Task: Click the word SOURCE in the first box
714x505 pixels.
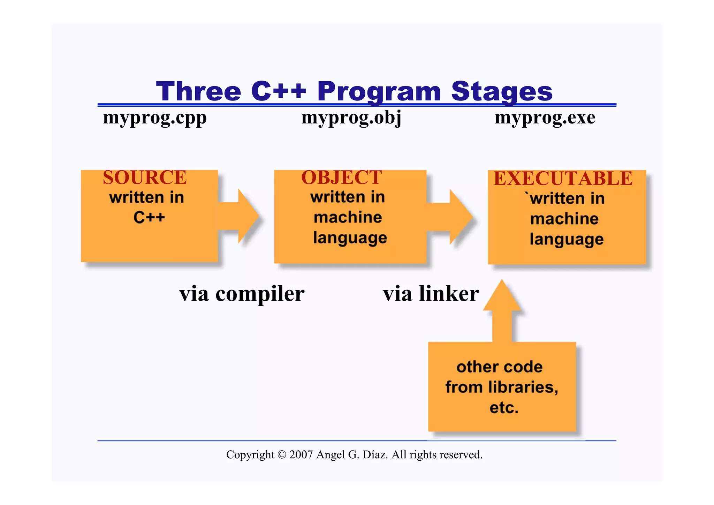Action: [145, 178]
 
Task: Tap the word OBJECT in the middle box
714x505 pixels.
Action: [341, 178]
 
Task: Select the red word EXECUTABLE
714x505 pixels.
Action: [563, 179]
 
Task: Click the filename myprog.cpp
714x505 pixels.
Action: [155, 118]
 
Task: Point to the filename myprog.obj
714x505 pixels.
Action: [351, 118]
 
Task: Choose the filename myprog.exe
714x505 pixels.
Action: [545, 118]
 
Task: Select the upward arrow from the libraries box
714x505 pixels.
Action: [502, 310]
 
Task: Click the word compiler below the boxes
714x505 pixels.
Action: [260, 294]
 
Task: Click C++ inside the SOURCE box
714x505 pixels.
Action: [149, 217]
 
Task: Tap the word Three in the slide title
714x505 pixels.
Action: [198, 91]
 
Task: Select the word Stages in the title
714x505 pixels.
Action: [502, 91]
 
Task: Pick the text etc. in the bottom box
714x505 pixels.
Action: [504, 408]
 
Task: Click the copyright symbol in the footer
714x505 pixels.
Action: [282, 455]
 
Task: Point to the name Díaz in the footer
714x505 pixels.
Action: [375, 455]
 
